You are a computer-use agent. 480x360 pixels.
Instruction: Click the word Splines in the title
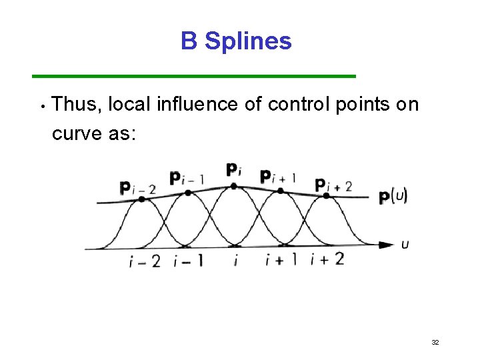[x=248, y=41]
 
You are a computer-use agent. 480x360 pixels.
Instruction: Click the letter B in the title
[x=189, y=41]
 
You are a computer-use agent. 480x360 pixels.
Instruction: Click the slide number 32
[x=435, y=342]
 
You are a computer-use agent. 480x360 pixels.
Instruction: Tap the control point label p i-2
[x=137, y=188]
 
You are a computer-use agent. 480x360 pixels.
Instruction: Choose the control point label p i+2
[x=333, y=185]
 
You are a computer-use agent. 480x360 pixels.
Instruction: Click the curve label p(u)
[x=393, y=197]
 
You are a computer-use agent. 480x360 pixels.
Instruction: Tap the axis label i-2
[x=144, y=261]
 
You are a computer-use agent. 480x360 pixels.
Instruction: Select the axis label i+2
[x=327, y=259]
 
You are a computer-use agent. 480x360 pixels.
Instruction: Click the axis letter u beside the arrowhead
[x=405, y=245]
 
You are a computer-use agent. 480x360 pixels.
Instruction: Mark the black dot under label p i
[x=233, y=186]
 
